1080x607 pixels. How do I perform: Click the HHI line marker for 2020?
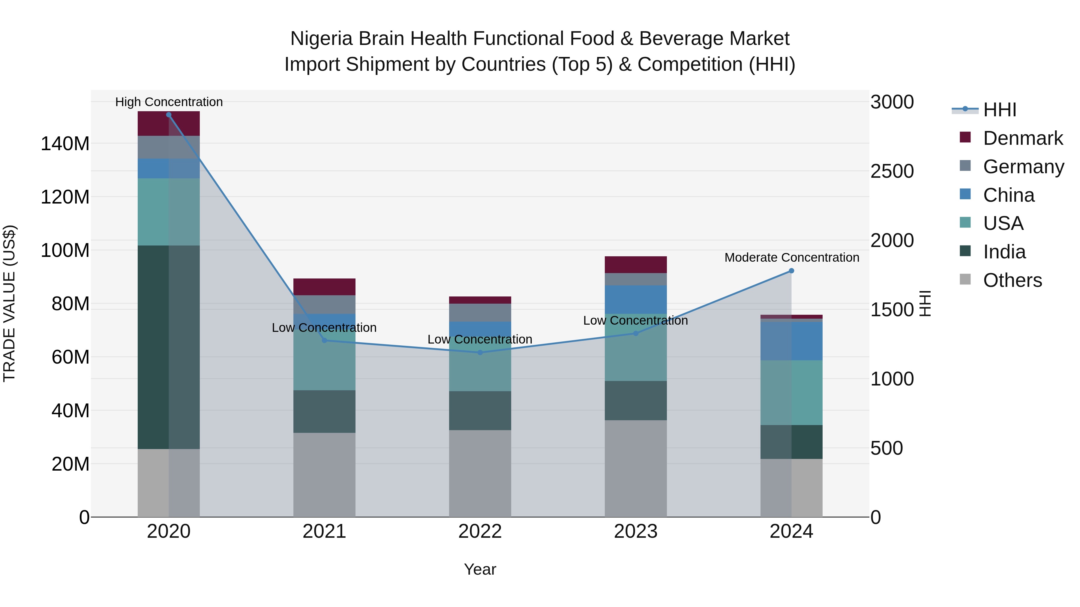point(169,115)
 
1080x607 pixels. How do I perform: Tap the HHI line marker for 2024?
point(791,271)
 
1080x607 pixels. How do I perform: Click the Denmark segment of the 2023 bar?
point(636,265)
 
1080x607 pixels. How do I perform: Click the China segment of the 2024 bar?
point(791,341)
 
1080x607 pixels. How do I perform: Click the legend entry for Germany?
point(1023,166)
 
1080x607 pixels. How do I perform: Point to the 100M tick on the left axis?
point(65,251)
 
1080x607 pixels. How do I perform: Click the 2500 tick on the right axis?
point(892,171)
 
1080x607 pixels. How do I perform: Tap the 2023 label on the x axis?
point(636,531)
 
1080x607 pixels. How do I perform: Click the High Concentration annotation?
point(169,102)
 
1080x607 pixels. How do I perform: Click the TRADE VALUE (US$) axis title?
point(9,303)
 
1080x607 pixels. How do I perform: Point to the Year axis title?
point(480,569)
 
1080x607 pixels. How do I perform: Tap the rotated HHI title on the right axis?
point(925,303)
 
